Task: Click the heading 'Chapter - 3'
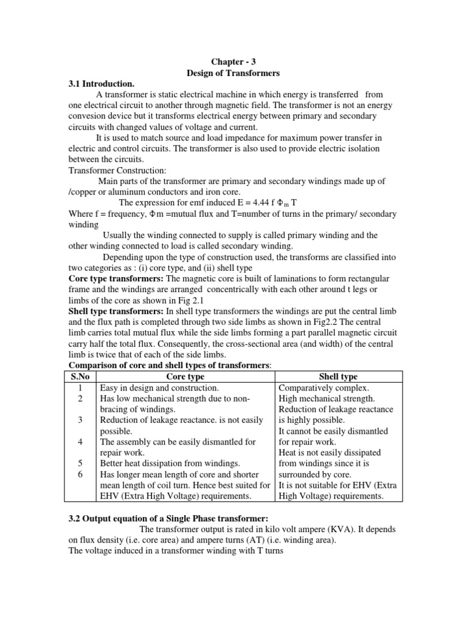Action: pos(233,61)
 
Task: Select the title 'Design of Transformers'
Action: pos(233,72)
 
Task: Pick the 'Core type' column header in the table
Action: pos(185,377)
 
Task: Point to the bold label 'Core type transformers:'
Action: pos(113,278)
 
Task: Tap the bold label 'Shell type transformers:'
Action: pos(114,311)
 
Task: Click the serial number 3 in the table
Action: pos(80,420)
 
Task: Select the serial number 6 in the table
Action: pos(80,474)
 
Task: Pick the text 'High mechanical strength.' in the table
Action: pos(327,398)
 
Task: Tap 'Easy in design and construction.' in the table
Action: pos(159,388)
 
